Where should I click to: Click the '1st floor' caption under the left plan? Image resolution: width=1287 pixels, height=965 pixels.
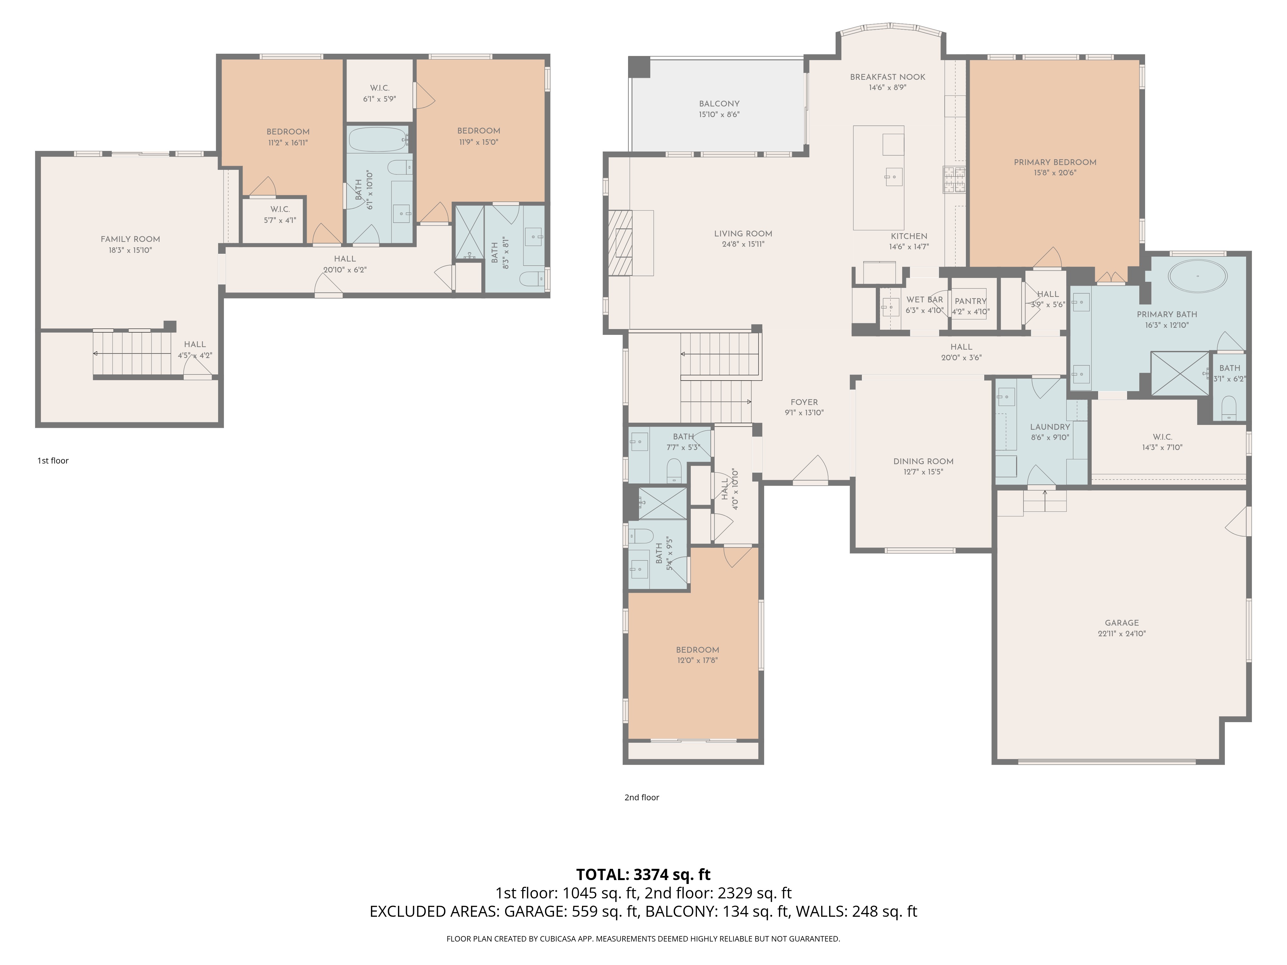click(x=53, y=461)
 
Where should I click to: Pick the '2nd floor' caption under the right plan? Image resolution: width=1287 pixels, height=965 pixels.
click(x=642, y=797)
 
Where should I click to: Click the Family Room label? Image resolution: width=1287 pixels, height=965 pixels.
click(x=130, y=239)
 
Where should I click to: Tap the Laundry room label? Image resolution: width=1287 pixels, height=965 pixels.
click(x=1050, y=427)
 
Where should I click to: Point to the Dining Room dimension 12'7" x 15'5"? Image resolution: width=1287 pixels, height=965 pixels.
click(x=923, y=472)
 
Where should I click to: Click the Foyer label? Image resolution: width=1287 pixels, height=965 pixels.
click(x=804, y=402)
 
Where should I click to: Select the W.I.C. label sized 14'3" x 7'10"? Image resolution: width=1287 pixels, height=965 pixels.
click(x=1162, y=437)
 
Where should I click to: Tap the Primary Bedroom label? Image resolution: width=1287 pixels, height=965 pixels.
click(x=1055, y=162)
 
